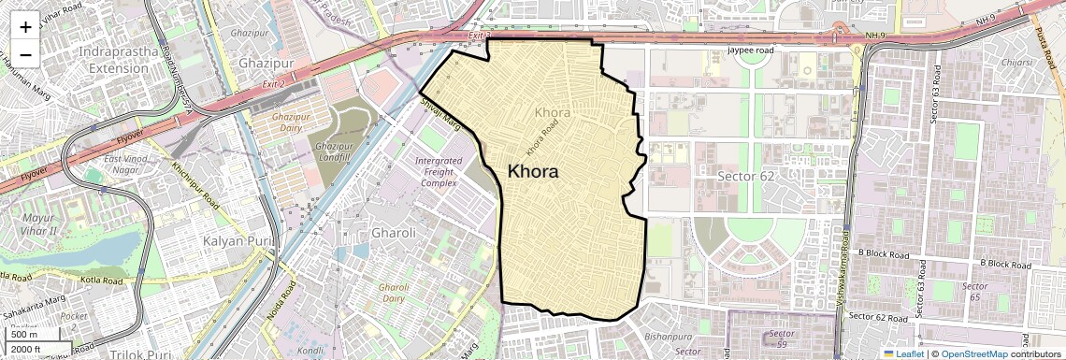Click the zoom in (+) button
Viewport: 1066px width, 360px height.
[x=25, y=26]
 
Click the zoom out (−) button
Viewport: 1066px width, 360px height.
[x=25, y=54]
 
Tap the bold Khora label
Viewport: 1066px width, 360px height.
[x=533, y=172]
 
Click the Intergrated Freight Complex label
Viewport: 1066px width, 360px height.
[x=438, y=172]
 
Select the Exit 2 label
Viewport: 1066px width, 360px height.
[x=273, y=84]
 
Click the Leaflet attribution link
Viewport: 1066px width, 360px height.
[x=907, y=353]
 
